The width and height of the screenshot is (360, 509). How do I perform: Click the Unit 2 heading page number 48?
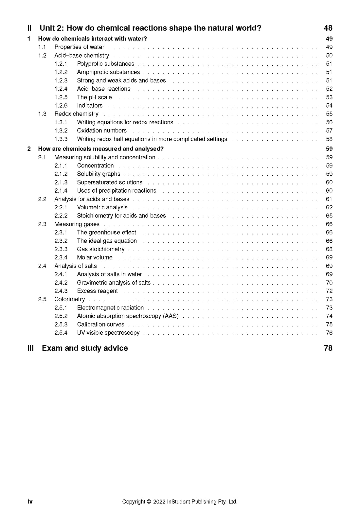pyautogui.click(x=328, y=28)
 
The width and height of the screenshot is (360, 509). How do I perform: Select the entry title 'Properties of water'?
pyautogui.click(x=79, y=47)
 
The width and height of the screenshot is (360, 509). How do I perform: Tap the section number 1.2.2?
pyautogui.click(x=61, y=72)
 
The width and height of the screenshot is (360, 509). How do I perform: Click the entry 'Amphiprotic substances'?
pyautogui.click(x=108, y=72)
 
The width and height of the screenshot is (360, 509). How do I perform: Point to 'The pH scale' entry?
pyautogui.click(x=94, y=97)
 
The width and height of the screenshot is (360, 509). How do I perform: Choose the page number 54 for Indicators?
pyautogui.click(x=329, y=106)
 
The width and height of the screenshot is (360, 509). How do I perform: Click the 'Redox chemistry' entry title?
pyautogui.click(x=76, y=114)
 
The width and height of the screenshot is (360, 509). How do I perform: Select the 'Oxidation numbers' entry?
pyautogui.click(x=102, y=131)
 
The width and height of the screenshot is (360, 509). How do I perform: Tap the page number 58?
pyautogui.click(x=329, y=139)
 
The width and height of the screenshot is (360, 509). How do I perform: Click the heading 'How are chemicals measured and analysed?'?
pyautogui.click(x=101, y=149)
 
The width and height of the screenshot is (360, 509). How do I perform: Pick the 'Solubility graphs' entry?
pyautogui.click(x=99, y=174)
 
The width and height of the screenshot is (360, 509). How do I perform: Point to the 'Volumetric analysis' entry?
pyautogui.click(x=102, y=207)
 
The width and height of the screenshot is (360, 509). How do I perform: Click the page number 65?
pyautogui.click(x=329, y=216)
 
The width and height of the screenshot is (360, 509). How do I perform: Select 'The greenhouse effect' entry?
pyautogui.click(x=106, y=233)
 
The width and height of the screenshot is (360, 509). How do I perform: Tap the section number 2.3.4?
pyautogui.click(x=61, y=257)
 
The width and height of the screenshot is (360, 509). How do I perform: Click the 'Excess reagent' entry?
pyautogui.click(x=97, y=291)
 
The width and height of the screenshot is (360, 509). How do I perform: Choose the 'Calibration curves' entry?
pyautogui.click(x=100, y=325)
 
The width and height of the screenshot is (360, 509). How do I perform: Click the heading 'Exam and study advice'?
pyautogui.click(x=85, y=348)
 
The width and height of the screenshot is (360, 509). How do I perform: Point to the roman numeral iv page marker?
pyautogui.click(x=30, y=501)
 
